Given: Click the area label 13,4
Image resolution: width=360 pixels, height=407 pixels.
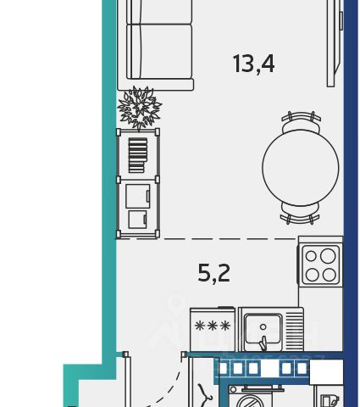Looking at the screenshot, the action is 253,64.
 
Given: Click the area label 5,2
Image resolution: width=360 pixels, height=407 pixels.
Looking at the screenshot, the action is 213,273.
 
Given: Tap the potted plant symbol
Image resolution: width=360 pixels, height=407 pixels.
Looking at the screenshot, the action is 140,109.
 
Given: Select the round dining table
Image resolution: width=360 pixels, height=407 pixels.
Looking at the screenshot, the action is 301,168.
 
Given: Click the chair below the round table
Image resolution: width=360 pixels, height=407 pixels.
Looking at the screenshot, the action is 300,214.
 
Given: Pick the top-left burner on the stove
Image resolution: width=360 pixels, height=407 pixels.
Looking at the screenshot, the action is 311,256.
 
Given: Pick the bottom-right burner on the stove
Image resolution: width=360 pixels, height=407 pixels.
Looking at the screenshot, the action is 330,275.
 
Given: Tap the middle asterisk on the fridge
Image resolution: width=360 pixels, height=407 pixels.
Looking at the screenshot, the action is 213,326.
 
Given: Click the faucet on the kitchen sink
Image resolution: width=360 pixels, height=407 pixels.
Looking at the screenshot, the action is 263,343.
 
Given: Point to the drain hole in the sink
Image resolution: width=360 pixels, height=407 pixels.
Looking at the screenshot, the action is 263,327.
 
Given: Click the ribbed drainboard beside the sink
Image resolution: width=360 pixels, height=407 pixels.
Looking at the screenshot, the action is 295,328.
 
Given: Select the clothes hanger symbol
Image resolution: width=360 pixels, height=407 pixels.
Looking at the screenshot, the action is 205,393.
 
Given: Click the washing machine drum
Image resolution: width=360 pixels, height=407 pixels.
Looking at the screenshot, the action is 251,401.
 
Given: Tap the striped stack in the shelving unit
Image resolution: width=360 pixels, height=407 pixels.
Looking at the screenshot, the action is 138,155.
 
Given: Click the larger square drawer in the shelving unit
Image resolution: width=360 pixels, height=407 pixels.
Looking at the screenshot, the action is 138,196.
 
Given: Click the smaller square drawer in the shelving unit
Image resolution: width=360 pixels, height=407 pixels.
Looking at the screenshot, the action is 137,220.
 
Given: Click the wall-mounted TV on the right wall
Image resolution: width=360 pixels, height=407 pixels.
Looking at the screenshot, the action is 335,43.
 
